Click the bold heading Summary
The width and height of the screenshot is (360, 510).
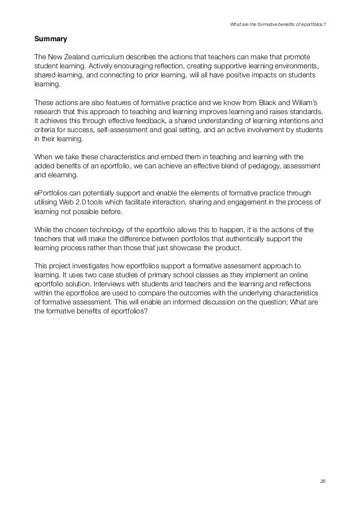[x=51, y=40]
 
